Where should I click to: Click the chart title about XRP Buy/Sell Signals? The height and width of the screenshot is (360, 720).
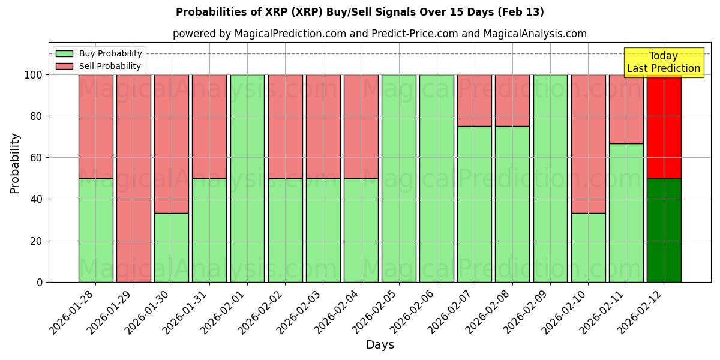pyautogui.click(x=360, y=12)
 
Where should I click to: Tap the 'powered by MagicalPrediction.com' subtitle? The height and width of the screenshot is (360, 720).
pyautogui.click(x=379, y=34)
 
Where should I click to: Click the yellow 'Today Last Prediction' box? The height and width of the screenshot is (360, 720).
pyautogui.click(x=663, y=62)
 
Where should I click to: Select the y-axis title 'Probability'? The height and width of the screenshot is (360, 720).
pyautogui.click(x=15, y=163)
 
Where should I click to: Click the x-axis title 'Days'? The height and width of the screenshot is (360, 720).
pyautogui.click(x=380, y=345)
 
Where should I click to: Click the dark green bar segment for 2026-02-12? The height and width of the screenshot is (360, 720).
pyautogui.click(x=664, y=230)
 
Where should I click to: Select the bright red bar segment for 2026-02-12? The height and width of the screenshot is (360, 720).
pyautogui.click(x=664, y=127)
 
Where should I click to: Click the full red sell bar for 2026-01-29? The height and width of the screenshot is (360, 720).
pyautogui.click(x=133, y=178)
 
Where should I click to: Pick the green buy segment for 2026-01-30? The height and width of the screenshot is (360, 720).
pyautogui.click(x=172, y=247)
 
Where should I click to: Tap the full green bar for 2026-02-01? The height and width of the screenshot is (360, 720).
pyautogui.click(x=247, y=178)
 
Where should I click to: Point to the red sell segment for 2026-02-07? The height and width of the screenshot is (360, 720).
pyautogui.click(x=474, y=100)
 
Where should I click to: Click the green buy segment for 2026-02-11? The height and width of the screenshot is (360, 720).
pyautogui.click(x=626, y=212)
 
